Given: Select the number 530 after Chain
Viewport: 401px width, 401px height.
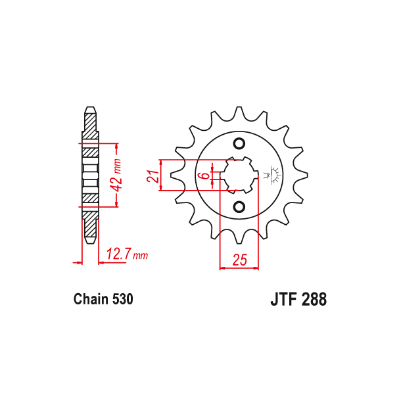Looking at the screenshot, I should [x=122, y=300].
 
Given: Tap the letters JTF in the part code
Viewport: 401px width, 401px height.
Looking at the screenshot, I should [x=283, y=300].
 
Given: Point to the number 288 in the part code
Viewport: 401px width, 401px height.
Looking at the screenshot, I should [x=313, y=300].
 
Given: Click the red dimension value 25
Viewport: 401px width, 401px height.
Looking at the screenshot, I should [x=239, y=260].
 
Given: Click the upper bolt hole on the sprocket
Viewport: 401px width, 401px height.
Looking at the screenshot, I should [x=239, y=145].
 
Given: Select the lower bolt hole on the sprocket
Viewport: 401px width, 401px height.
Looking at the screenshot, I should [x=239, y=207].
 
